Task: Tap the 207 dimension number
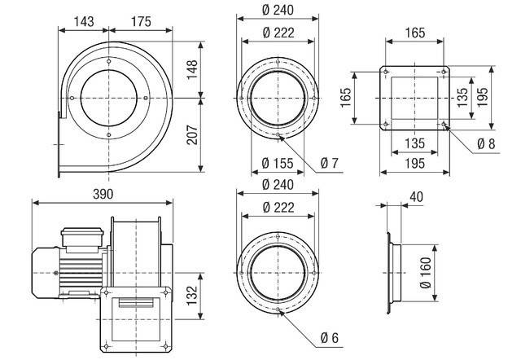(212, 136)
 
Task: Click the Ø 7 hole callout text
(330, 164)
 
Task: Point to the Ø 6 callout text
(329, 337)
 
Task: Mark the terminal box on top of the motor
(81, 235)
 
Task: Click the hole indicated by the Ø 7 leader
(278, 134)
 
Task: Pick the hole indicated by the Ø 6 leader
(278, 310)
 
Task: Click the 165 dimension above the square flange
(415, 34)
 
